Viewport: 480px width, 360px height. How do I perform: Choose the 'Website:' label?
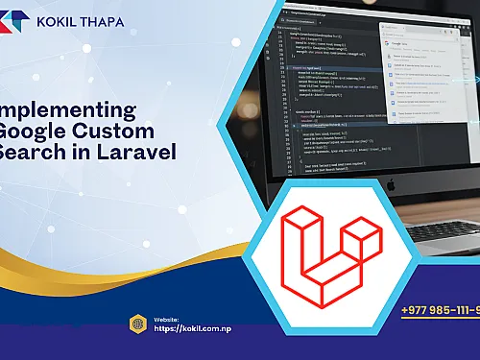click(x=166, y=318)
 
